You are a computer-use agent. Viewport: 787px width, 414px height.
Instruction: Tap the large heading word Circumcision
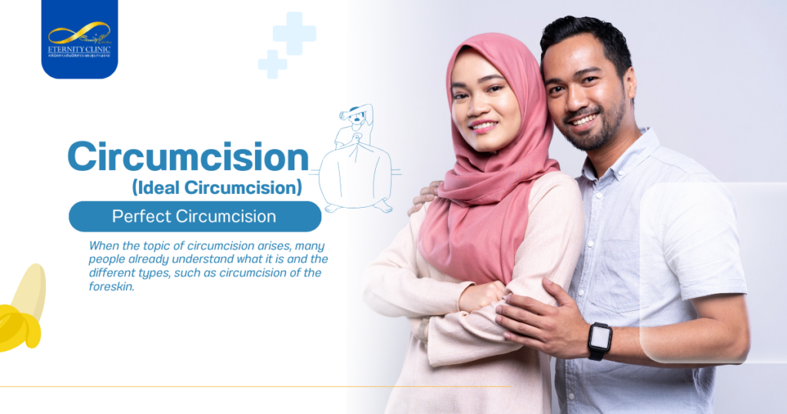[x=188, y=157]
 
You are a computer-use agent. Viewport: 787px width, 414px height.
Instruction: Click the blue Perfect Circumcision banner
[x=194, y=216]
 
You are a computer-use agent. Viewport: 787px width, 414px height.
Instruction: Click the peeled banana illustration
[x=22, y=312]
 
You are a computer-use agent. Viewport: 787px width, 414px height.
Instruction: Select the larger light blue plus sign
[x=294, y=33]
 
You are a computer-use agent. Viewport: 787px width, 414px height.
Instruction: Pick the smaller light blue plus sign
[x=272, y=64]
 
